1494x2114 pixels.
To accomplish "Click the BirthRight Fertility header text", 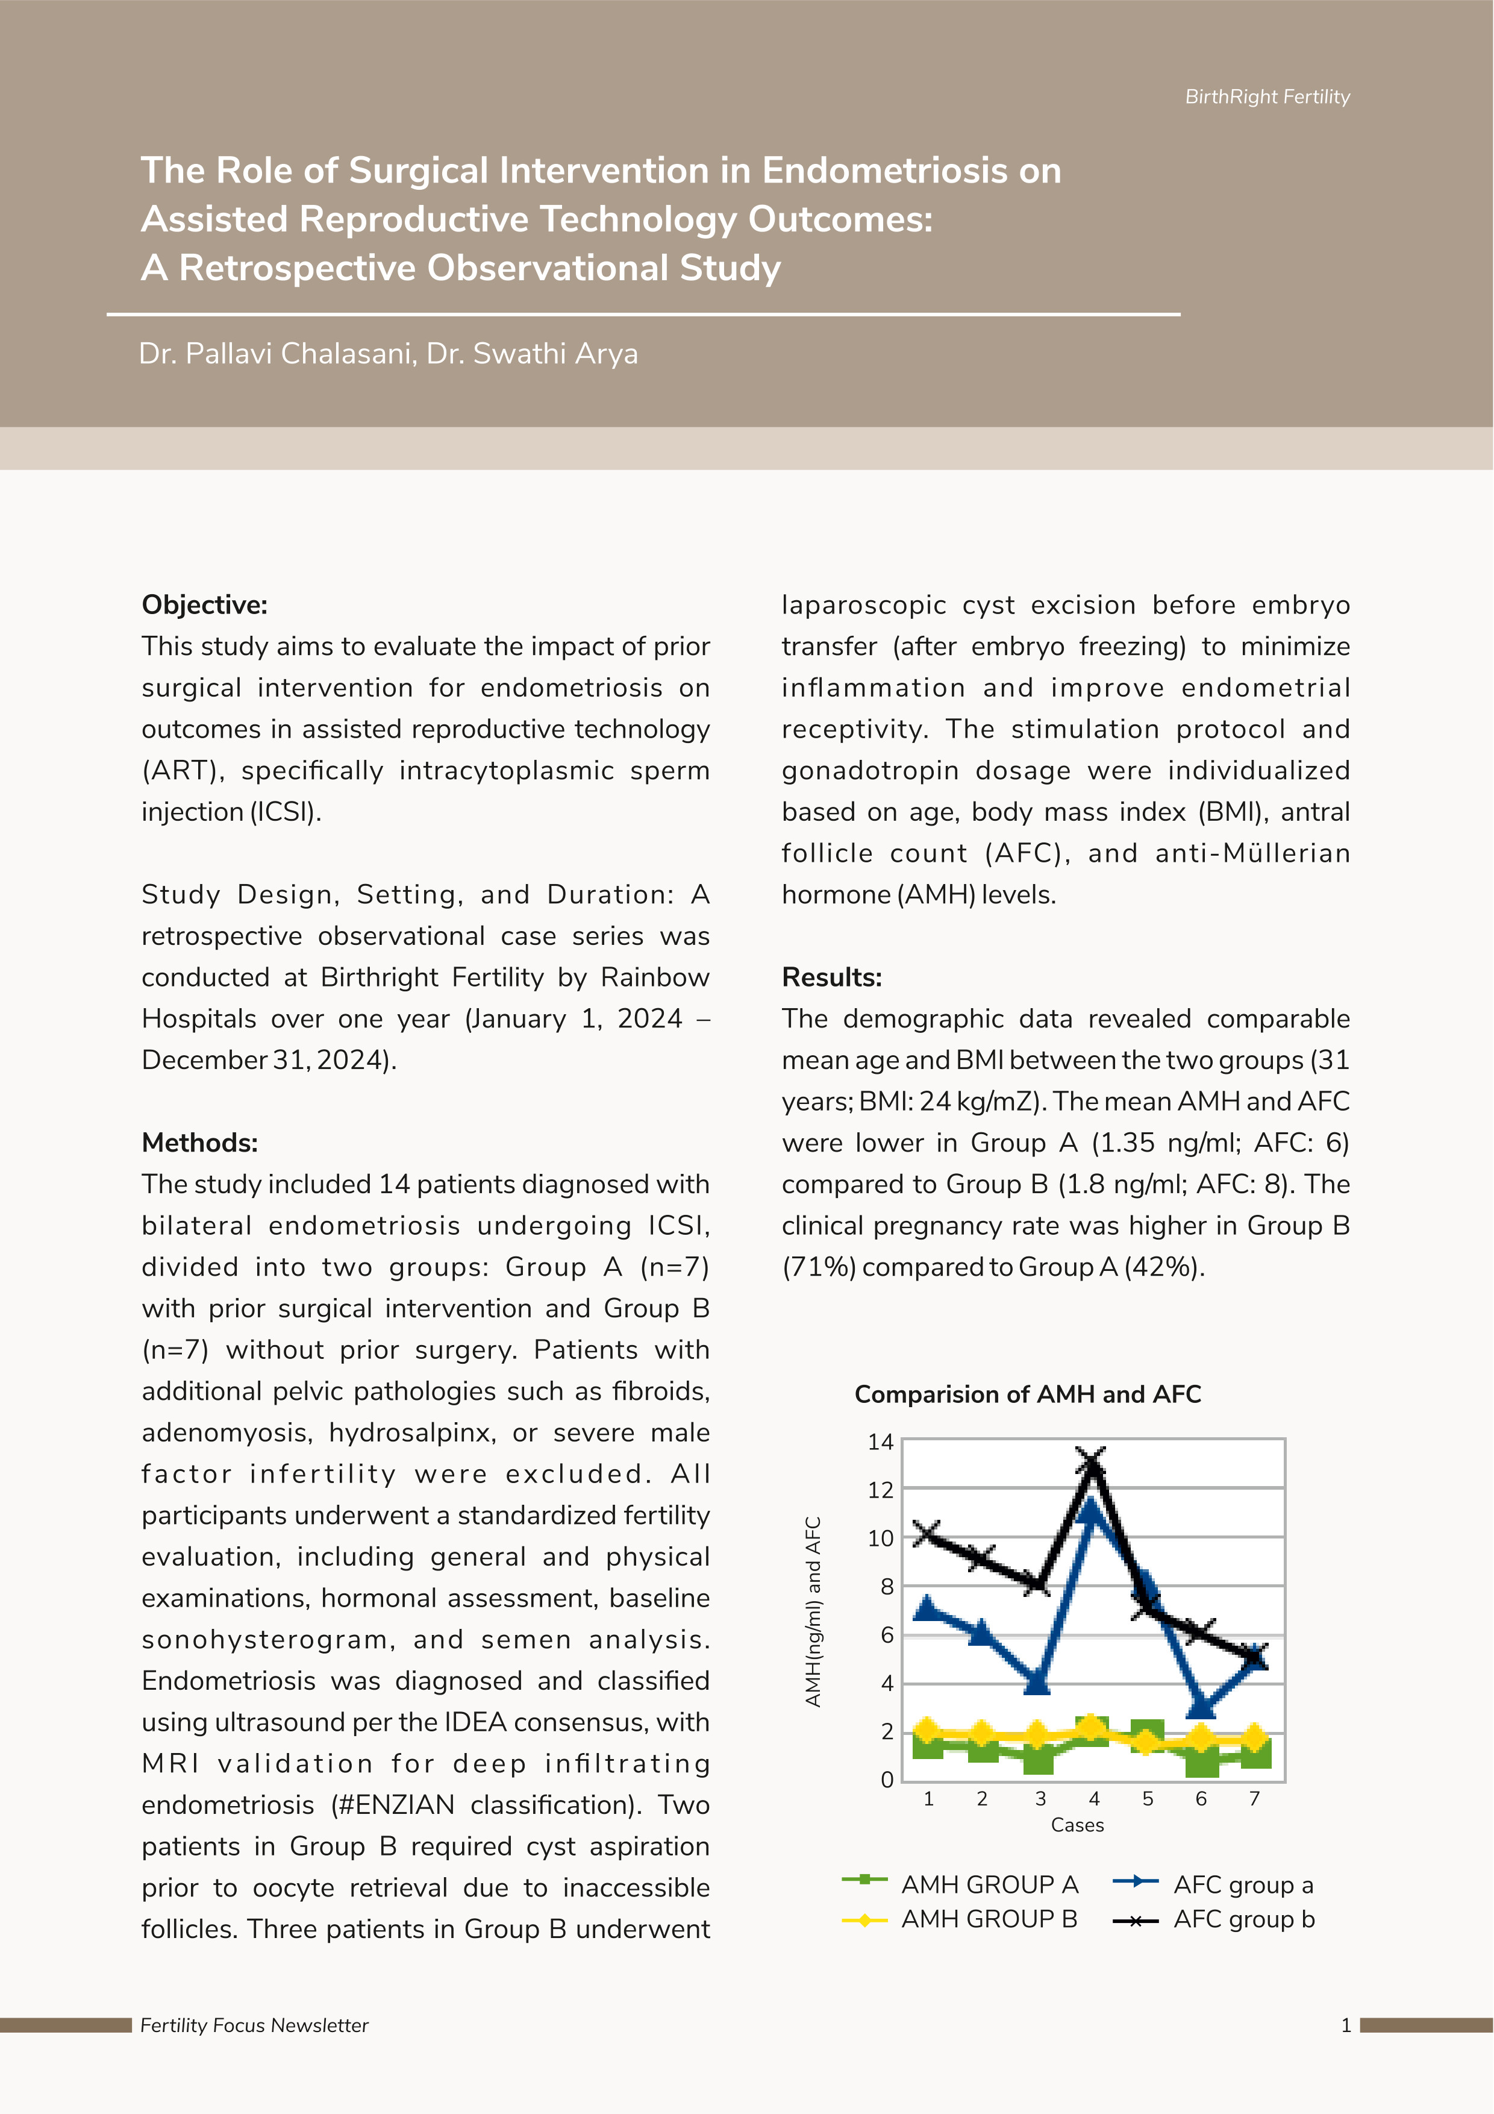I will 1267,96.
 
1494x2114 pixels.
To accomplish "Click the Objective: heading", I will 204,605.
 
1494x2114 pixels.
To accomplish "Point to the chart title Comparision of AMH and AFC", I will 1027,1394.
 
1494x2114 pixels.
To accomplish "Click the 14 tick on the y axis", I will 880,1442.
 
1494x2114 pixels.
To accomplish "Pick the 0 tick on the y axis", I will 886,1780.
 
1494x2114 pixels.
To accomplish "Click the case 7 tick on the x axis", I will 1254,1799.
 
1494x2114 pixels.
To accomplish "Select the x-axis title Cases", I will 1077,1825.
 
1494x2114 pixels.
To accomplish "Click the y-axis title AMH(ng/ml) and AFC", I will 813,1611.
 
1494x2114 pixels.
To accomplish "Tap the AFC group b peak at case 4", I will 1092,1462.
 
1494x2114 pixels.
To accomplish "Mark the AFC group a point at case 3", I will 1037,1682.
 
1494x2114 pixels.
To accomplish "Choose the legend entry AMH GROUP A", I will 989,1885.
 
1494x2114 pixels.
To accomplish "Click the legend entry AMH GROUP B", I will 989,1919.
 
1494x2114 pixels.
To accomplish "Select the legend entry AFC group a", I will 1243,1885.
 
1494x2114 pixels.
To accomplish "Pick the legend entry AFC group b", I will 1243,1919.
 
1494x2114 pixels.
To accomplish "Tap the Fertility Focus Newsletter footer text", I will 254,2025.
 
